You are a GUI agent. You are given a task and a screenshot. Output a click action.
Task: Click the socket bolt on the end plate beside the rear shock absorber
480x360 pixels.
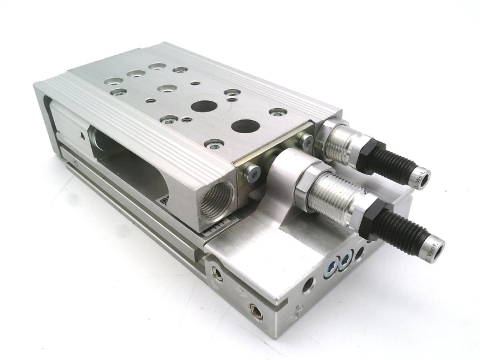point(308,141)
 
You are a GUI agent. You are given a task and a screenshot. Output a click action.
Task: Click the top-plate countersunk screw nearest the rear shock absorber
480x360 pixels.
point(278,112)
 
